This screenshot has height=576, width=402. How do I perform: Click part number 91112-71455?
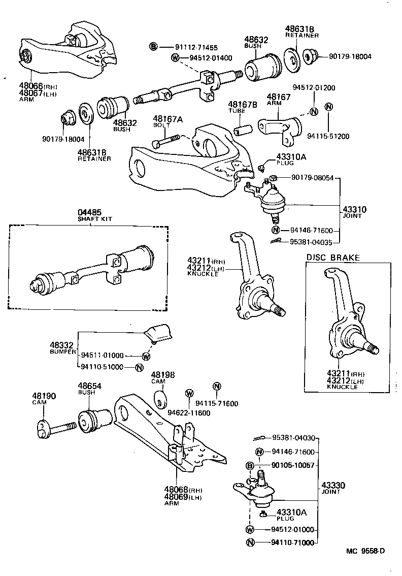pyautogui.click(x=189, y=47)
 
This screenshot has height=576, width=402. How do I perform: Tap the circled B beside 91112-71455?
pyautogui.click(x=153, y=47)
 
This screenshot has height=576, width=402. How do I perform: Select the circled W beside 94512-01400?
pyautogui.click(x=176, y=57)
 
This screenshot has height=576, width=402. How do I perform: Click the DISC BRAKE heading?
pyautogui.click(x=332, y=258)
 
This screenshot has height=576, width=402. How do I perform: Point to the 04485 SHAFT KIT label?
pyautogui.click(x=94, y=215)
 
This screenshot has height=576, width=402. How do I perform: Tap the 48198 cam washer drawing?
pyautogui.click(x=159, y=399)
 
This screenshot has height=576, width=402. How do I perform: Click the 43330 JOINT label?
pyautogui.click(x=333, y=488)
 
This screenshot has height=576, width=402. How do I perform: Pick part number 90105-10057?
pyautogui.click(x=293, y=465)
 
